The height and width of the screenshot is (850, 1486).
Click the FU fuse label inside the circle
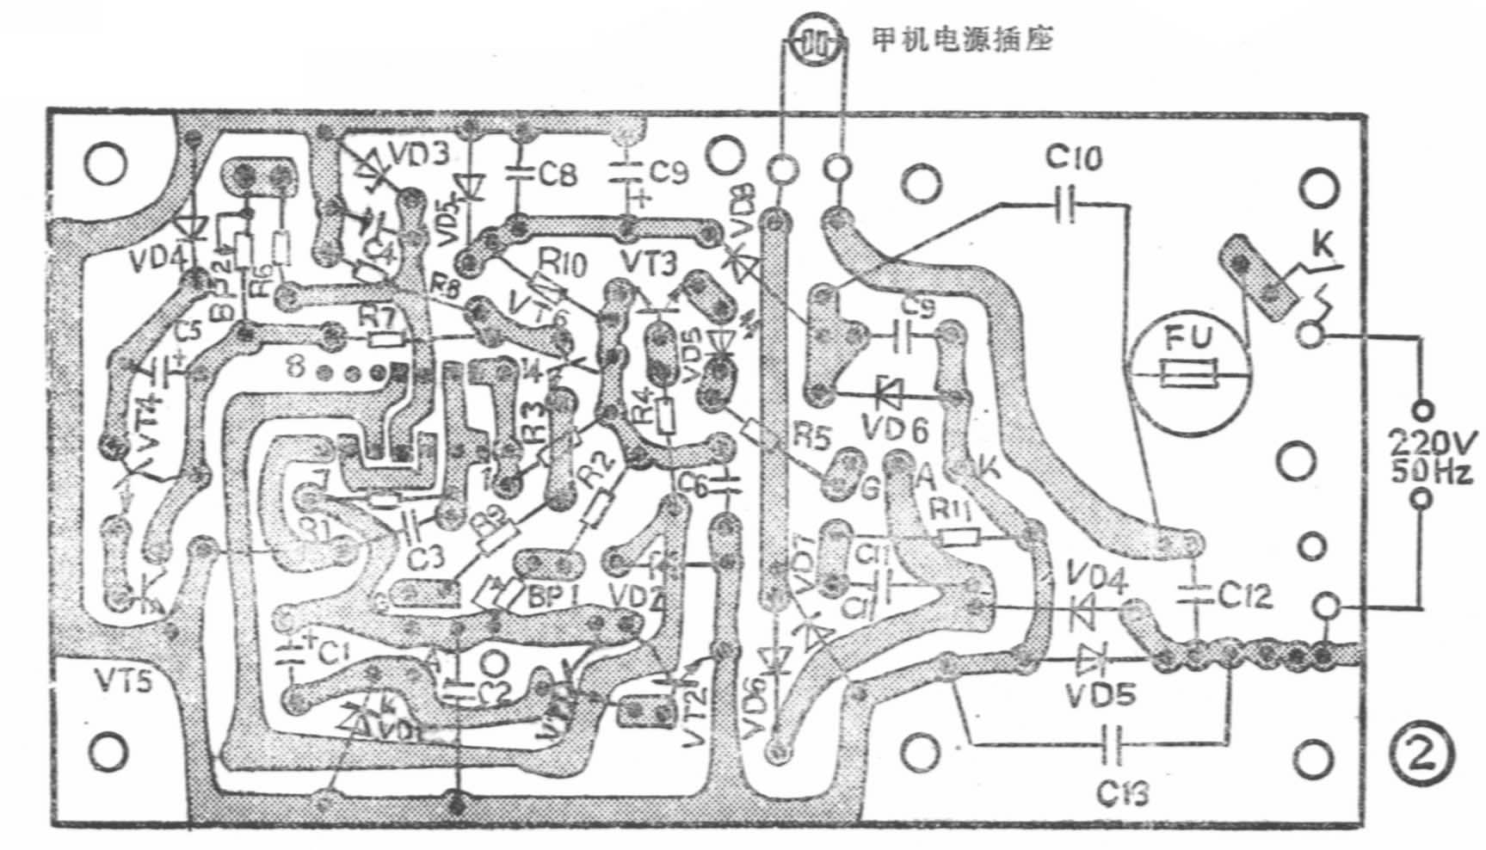tap(1188, 339)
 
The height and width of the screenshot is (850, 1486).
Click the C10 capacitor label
tap(1074, 158)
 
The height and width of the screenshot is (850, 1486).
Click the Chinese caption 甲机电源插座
tap(962, 40)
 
